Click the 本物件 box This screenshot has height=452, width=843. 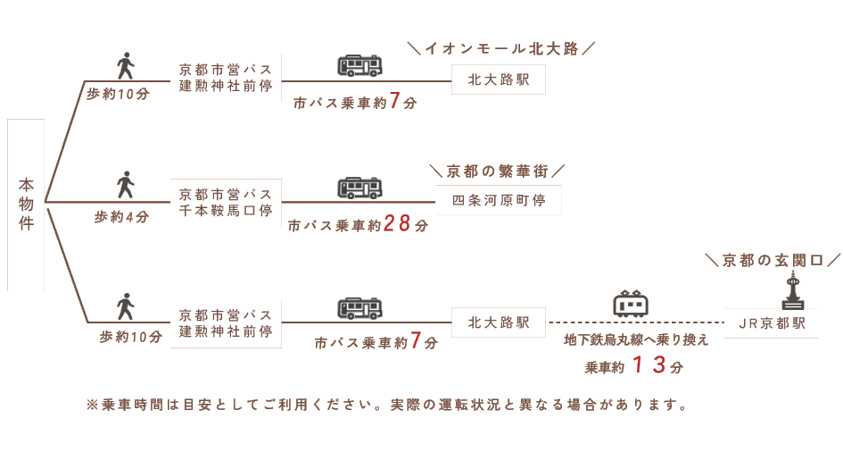[26, 205]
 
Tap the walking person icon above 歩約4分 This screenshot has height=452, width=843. [126, 185]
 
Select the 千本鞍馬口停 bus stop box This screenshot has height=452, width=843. [226, 202]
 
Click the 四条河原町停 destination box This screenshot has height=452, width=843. [498, 200]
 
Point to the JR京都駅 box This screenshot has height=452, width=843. [771, 323]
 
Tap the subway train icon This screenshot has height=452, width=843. [631, 304]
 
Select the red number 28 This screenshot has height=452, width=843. [398, 224]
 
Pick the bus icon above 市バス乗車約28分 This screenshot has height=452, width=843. [360, 188]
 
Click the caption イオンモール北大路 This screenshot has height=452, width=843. [501, 48]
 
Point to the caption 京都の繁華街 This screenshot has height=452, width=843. [497, 171]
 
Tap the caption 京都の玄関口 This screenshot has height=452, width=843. [773, 260]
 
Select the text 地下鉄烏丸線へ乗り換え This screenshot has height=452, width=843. [637, 340]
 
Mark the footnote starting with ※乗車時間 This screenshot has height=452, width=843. [387, 405]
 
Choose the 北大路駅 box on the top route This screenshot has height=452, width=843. [498, 80]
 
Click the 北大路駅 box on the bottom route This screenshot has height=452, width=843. [498, 322]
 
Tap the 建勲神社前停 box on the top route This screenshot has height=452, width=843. [226, 78]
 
